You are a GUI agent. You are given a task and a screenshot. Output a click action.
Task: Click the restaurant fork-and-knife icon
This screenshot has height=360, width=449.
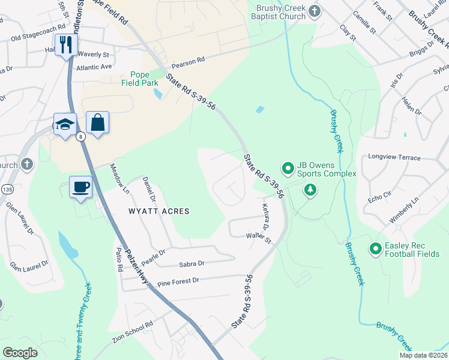coord(66,44)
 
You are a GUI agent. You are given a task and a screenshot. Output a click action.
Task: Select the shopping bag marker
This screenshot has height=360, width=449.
coord(97,122)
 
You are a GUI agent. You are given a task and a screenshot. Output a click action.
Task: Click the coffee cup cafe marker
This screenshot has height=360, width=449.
coord(80,187)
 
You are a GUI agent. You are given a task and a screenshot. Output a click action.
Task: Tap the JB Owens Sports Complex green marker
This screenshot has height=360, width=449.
coord(288,168)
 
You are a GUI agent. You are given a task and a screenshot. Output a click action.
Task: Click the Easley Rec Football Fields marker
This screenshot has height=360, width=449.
coord(376,248)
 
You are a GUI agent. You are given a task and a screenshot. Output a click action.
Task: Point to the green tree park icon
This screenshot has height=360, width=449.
coord(310,191)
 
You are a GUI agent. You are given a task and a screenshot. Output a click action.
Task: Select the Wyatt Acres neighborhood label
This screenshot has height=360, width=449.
coord(159,211)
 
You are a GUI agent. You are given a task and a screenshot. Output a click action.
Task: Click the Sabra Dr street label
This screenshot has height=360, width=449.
coord(191,263)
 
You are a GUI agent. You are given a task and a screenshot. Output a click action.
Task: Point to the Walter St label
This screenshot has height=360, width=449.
coord(259,238)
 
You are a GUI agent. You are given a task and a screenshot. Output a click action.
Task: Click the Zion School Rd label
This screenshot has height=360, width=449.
coord(133,332)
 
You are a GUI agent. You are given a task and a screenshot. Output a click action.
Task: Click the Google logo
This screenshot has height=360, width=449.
coord(20,353)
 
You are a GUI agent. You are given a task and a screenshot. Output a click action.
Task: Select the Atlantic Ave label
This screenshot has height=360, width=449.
coord(94,67)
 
